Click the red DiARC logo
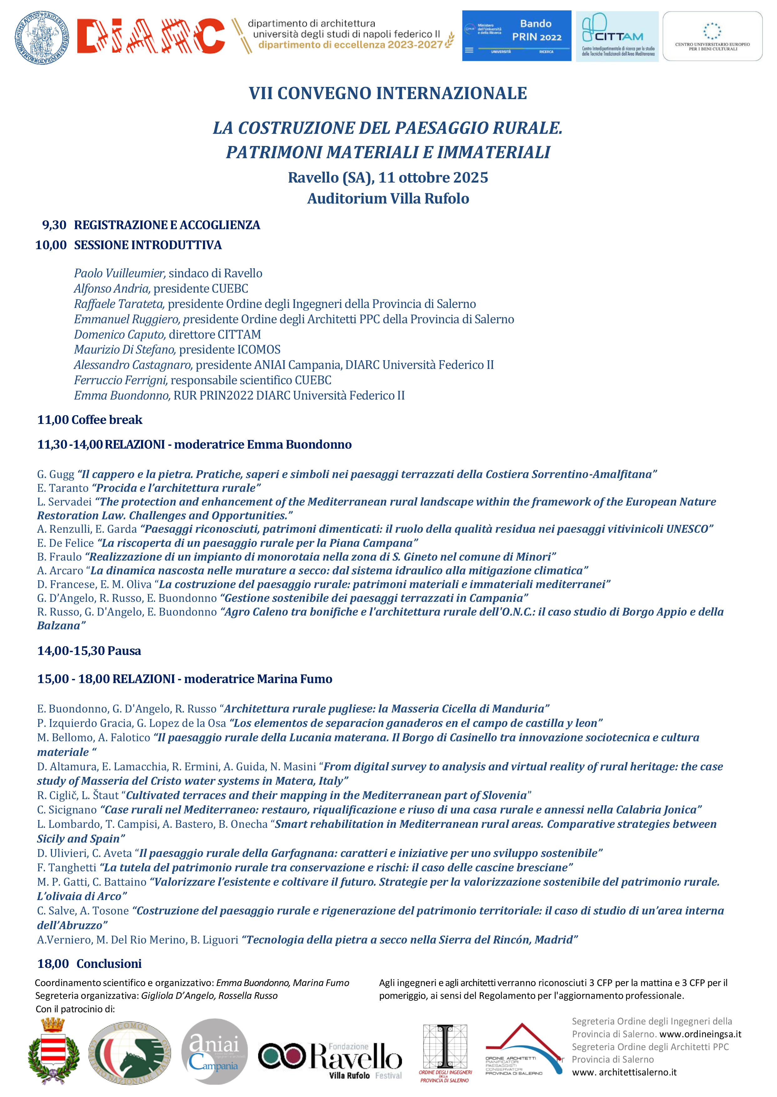[151, 36]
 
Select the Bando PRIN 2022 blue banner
[516, 36]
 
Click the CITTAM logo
[617, 36]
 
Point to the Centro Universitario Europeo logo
[712, 36]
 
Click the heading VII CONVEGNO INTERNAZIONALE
[388, 93]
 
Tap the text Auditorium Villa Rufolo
[388, 199]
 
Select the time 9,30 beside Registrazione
[54, 225]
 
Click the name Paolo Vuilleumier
[119, 273]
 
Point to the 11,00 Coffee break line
[90, 420]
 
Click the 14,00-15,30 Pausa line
[89, 651]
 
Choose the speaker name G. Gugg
[55, 474]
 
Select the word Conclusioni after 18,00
[109, 964]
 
